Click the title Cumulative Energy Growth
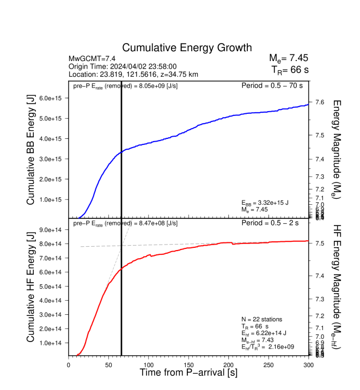point(187,47)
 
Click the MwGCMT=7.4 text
point(91,58)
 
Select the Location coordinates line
point(133,74)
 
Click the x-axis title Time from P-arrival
point(188,373)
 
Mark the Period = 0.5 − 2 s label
point(274,223)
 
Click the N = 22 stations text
point(263,319)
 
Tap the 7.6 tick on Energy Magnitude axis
point(321,102)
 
